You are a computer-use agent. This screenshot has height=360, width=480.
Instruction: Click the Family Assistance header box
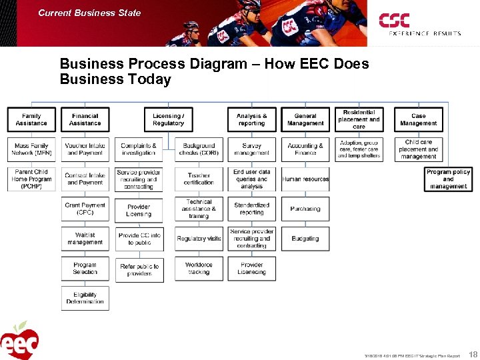pyautogui.click(x=31, y=120)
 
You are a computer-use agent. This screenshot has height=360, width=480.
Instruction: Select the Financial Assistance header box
pyautogui.click(x=85, y=120)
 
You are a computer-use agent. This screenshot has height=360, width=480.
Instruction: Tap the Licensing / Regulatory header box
pyautogui.click(x=168, y=120)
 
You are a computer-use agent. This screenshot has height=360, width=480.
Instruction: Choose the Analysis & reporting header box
pyautogui.click(x=251, y=120)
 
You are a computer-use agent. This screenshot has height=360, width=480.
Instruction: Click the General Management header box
pyautogui.click(x=305, y=120)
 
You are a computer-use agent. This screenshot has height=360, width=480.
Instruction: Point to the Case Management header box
pyautogui.click(x=418, y=120)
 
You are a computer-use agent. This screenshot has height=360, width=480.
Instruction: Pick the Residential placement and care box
pyautogui.click(x=359, y=119)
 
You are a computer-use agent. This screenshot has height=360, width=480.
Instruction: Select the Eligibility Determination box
pyautogui.click(x=85, y=298)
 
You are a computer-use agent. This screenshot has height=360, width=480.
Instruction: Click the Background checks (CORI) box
pyautogui.click(x=199, y=149)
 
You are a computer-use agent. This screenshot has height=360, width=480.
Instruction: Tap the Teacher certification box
pyautogui.click(x=199, y=179)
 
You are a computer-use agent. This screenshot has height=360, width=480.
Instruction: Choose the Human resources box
pyautogui.click(x=305, y=179)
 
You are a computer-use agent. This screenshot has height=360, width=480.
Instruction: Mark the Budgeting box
pyautogui.click(x=305, y=238)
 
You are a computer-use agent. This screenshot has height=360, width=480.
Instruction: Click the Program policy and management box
pyautogui.click(x=448, y=179)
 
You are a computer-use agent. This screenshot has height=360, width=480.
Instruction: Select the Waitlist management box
pyautogui.click(x=85, y=239)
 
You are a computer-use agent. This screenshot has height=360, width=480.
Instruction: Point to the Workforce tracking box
pyautogui.click(x=199, y=268)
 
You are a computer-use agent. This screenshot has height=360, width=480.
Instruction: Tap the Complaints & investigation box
pyautogui.click(x=139, y=149)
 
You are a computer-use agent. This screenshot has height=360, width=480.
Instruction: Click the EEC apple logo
pyautogui.click(x=20, y=341)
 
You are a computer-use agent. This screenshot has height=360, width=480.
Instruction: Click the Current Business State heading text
pyautogui.click(x=89, y=13)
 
